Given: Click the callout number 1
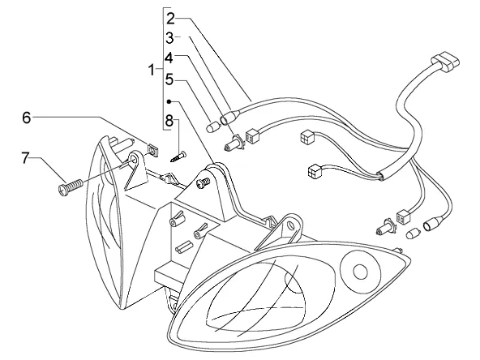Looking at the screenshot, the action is [x=152, y=70].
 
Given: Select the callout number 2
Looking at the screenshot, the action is [x=170, y=19].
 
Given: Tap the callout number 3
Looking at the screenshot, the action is [x=169, y=38].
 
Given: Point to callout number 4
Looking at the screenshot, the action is [x=169, y=58].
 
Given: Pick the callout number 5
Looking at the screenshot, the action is [x=169, y=79].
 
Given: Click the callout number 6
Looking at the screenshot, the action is [x=27, y=118].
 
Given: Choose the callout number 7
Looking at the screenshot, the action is [x=25, y=158].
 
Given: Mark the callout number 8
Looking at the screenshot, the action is [x=169, y=121].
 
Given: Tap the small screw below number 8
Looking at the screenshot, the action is [x=178, y=156].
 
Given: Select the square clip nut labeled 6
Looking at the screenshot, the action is [x=152, y=150].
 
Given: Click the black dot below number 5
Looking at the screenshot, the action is [x=169, y=101].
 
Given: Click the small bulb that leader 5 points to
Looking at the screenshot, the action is [x=212, y=126].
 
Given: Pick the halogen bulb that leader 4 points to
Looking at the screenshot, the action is [x=234, y=143].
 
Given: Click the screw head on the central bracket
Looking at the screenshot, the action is [x=204, y=183].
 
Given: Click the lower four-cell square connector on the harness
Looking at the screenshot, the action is [x=315, y=171].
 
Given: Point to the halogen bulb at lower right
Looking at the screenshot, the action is [x=386, y=228].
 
